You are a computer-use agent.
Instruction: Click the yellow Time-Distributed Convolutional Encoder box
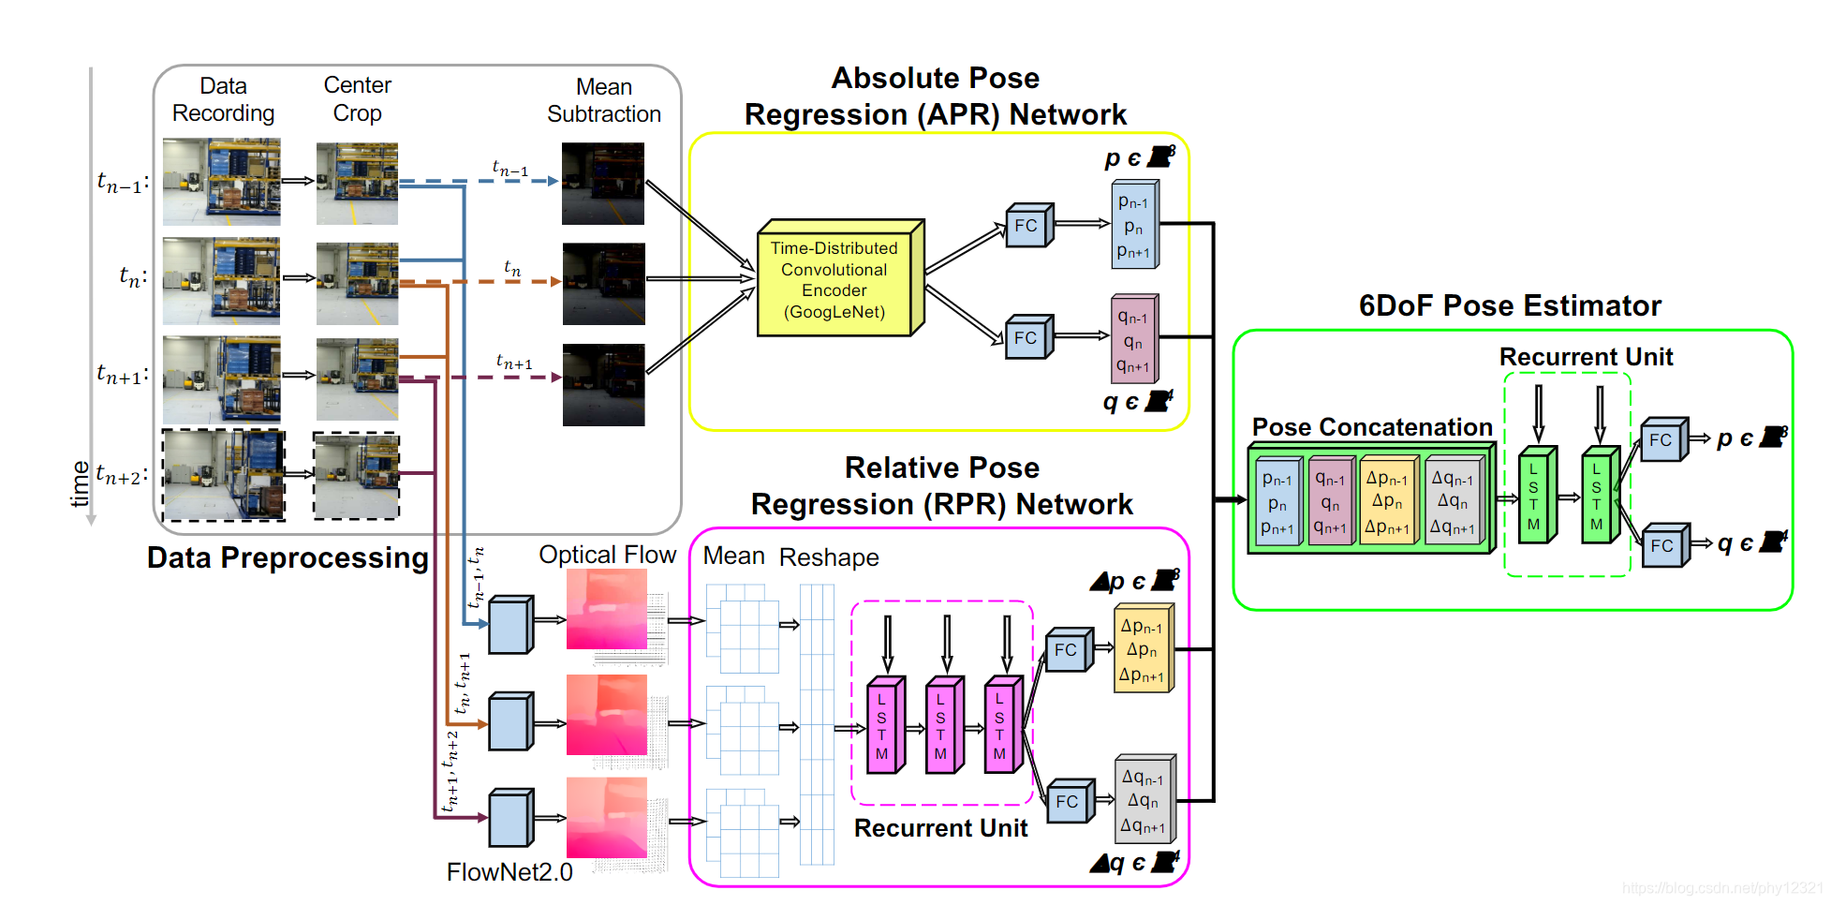(x=834, y=280)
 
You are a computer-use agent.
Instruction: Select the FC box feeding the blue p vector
(x=1026, y=226)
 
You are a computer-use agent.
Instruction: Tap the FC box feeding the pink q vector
(x=1026, y=338)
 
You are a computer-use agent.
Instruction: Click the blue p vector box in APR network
(x=1133, y=227)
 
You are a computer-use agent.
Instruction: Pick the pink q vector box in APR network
(x=1133, y=342)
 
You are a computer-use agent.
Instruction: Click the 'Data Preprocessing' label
(x=288, y=557)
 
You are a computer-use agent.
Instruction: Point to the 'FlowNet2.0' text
(x=509, y=872)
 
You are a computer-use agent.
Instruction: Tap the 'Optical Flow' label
(x=607, y=555)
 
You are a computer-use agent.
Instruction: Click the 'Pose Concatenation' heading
(x=1372, y=427)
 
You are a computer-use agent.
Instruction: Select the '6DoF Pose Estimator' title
(x=1510, y=305)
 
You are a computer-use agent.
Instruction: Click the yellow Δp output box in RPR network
(x=1142, y=650)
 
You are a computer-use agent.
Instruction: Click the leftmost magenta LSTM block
(x=882, y=726)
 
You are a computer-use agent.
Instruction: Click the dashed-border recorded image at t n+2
(x=223, y=475)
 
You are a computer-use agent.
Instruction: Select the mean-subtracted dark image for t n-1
(x=603, y=184)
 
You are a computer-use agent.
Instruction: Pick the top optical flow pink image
(x=607, y=609)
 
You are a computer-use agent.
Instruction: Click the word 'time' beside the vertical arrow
(x=81, y=483)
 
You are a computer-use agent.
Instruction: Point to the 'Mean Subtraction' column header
(x=604, y=100)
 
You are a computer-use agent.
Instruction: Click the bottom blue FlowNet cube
(x=509, y=819)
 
